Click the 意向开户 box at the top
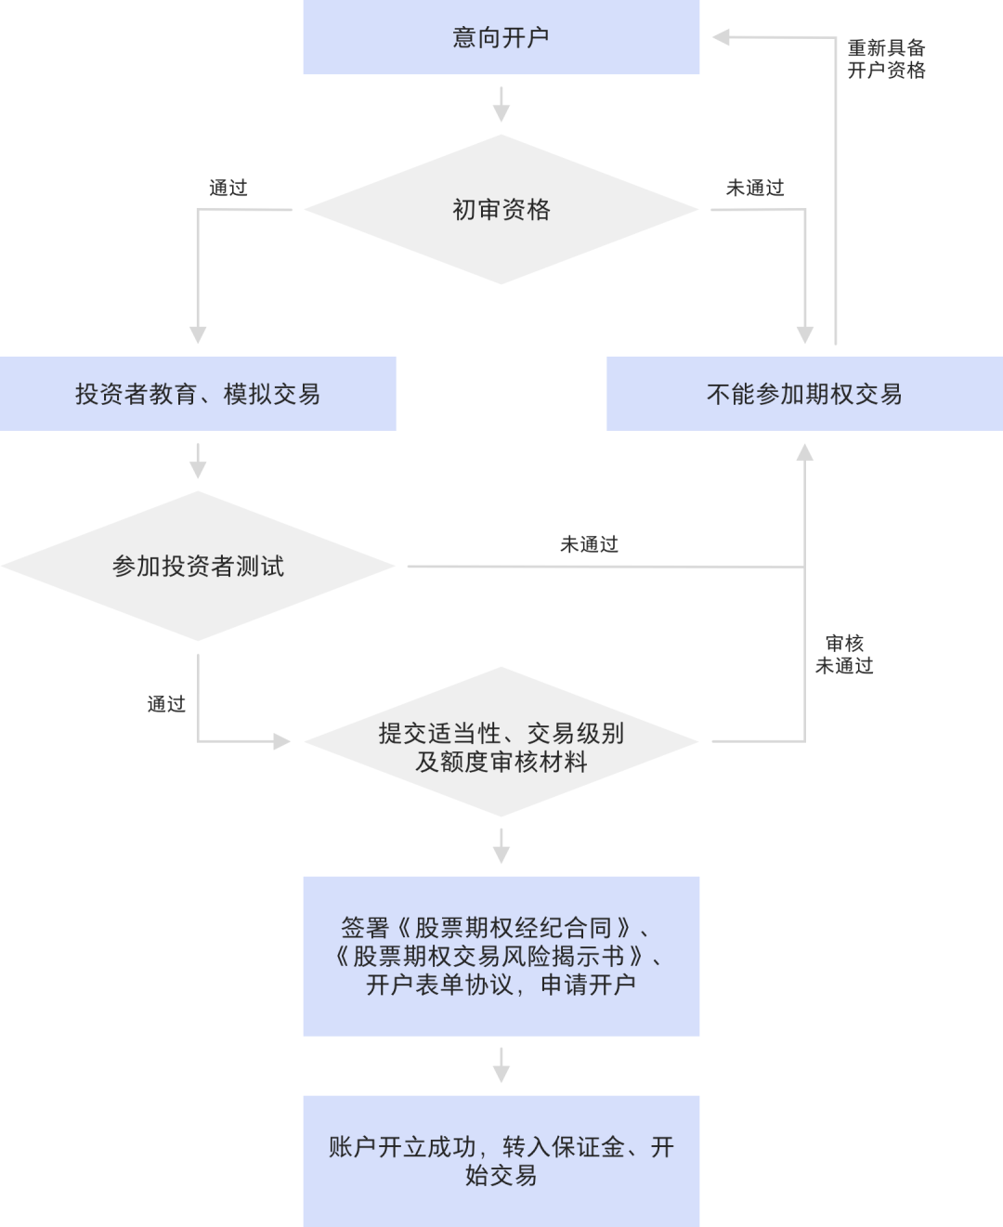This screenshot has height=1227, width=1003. tap(501, 37)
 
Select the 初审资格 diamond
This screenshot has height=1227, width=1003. tap(501, 210)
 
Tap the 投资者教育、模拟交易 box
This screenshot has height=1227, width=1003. tap(198, 394)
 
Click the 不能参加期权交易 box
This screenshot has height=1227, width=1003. tap(804, 394)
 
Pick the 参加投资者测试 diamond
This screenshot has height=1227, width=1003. tap(198, 566)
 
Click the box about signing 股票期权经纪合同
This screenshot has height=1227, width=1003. tap(501, 956)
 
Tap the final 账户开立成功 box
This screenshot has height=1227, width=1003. tap(501, 1161)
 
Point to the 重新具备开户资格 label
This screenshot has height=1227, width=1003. tap(886, 59)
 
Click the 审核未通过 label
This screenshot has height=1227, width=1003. tap(844, 654)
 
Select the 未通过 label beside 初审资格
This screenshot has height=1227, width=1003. tap(755, 188)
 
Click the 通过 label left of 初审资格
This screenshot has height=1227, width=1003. tap(228, 188)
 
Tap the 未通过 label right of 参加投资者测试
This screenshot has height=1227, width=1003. tap(589, 544)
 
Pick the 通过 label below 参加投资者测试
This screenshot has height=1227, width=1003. tap(166, 704)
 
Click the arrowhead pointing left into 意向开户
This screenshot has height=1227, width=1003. tap(722, 37)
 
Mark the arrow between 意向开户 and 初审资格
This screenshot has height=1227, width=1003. tap(501, 104)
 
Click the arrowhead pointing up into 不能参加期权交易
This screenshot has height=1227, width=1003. tap(804, 452)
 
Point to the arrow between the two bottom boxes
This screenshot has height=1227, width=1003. tap(501, 1065)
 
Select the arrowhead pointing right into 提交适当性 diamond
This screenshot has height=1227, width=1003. tap(281, 741)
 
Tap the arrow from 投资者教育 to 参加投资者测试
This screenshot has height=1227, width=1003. tap(198, 461)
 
